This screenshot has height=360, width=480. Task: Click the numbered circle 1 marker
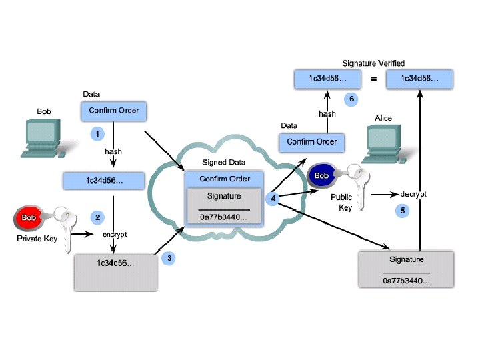point(98,134)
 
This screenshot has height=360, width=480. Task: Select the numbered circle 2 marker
point(98,217)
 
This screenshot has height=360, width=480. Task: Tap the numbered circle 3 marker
point(169,258)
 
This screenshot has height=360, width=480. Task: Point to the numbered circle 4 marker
point(273,198)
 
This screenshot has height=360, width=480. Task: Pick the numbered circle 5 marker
point(401,210)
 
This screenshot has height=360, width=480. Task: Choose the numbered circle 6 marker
point(353,99)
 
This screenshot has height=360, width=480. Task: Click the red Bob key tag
point(27,218)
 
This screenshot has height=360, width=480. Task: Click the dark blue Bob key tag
point(322,176)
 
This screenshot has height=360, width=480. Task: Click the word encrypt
point(114,235)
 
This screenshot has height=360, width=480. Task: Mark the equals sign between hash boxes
point(373,79)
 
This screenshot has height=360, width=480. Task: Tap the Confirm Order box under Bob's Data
point(114,111)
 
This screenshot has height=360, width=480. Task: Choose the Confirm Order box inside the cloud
point(225,179)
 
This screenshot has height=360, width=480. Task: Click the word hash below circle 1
point(113,151)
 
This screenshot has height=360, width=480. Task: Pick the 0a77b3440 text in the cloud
point(225,217)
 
